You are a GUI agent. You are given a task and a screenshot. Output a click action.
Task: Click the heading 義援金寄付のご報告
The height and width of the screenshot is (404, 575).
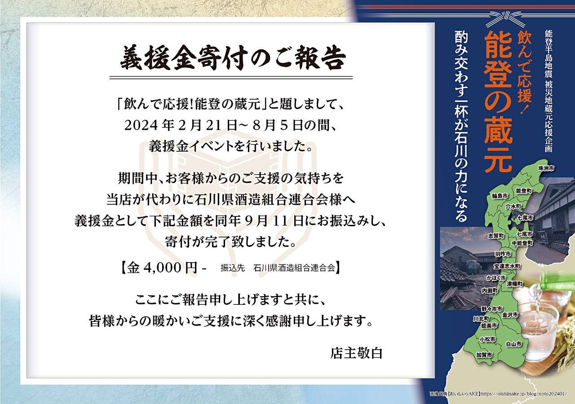[x=233, y=59]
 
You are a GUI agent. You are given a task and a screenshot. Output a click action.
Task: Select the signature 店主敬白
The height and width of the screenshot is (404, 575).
[x=357, y=353]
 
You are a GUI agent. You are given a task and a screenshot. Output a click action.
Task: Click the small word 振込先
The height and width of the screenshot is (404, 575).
[x=233, y=268]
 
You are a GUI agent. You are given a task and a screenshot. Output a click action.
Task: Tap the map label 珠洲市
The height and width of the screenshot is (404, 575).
[x=546, y=168]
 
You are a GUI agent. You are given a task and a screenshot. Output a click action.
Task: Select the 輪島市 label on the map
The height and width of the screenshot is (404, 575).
[x=500, y=196]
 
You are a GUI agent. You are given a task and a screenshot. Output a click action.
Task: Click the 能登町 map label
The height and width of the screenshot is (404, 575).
[x=523, y=191]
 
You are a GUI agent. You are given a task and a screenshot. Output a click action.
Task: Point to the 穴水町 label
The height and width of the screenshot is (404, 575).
[x=513, y=206]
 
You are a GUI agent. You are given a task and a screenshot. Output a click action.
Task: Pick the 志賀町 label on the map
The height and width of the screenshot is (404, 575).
[x=496, y=236]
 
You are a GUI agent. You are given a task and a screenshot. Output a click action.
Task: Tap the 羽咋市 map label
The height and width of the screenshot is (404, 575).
[x=503, y=254]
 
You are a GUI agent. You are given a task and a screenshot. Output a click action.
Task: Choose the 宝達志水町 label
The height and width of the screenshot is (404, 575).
[x=507, y=266]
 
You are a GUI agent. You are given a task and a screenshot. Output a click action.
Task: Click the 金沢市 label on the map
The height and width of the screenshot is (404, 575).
[x=510, y=315]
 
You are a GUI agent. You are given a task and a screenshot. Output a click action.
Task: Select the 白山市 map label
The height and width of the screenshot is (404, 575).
[x=513, y=344]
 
